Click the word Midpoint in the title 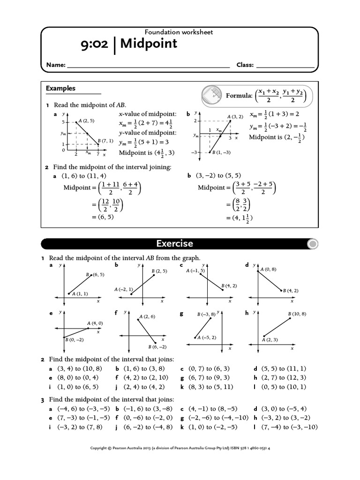pyautogui.click(x=149, y=44)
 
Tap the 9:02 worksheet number pyautogui.click(x=95, y=45)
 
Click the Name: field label pyautogui.click(x=55, y=66)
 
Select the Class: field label pyautogui.click(x=245, y=66)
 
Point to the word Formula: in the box pyautogui.click(x=239, y=96)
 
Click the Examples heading pyautogui.click(x=60, y=88)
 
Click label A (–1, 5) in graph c pyautogui.click(x=195, y=271)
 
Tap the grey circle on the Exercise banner pyautogui.click(x=313, y=244)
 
